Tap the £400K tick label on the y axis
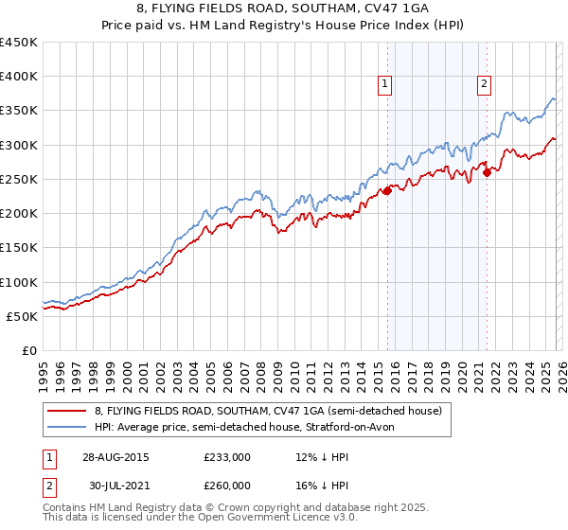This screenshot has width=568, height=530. pyautogui.click(x=19, y=77)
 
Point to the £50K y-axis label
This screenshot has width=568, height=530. pyautogui.click(x=23, y=316)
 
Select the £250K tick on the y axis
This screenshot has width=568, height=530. pyautogui.click(x=19, y=179)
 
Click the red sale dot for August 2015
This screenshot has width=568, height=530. pyautogui.click(x=387, y=191)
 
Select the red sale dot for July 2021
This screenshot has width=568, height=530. pyautogui.click(x=487, y=172)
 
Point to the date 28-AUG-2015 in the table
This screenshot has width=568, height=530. pyautogui.click(x=115, y=456)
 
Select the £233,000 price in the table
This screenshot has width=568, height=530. pyautogui.click(x=227, y=456)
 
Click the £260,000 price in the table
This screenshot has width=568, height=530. pyautogui.click(x=227, y=485)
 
